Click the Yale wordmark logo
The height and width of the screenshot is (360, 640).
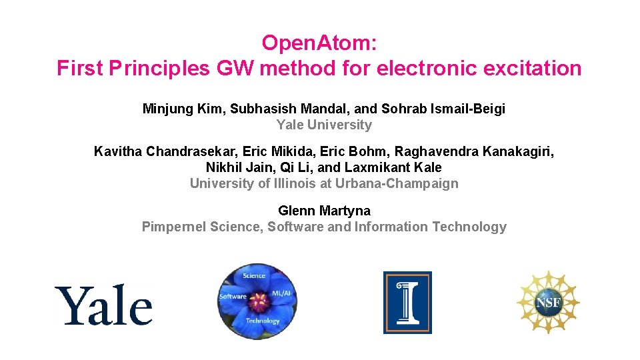[103, 305]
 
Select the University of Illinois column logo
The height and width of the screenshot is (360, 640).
[407, 302]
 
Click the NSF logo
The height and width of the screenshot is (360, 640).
[548, 303]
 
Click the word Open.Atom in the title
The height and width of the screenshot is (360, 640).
[319, 43]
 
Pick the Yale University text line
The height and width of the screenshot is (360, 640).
[324, 125]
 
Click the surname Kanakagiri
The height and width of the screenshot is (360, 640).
[516, 151]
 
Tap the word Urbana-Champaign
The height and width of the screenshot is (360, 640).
[401, 183]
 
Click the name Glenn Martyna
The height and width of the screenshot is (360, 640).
[324, 211]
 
